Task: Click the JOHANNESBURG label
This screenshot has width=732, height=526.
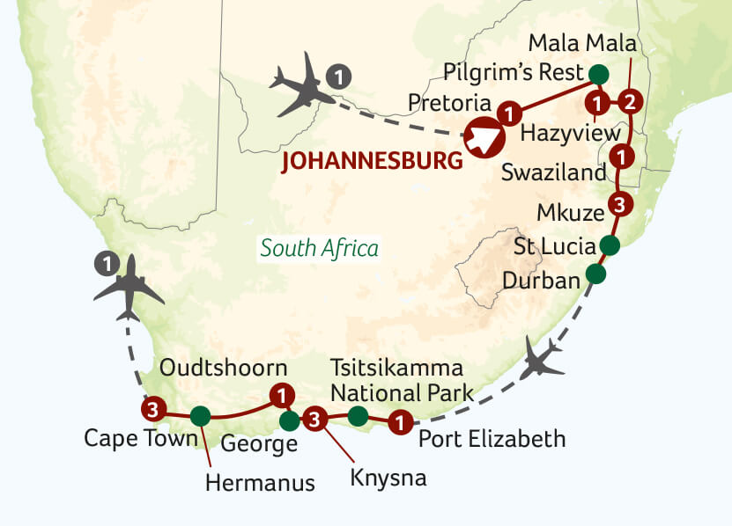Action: [372, 162]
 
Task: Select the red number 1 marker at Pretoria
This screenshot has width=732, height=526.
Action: [509, 113]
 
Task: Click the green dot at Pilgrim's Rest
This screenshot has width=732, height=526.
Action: [599, 73]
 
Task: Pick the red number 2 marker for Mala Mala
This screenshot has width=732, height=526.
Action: [629, 101]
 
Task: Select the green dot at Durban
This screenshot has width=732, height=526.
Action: [596, 274]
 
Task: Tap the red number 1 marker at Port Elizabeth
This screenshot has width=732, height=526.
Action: [401, 423]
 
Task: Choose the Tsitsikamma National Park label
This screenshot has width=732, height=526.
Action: [400, 379]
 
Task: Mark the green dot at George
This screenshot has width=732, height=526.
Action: [289, 421]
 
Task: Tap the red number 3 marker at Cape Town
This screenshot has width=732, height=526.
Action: [153, 409]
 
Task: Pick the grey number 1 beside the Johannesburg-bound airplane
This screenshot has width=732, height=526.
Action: [336, 77]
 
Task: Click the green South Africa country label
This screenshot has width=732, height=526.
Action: [319, 248]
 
